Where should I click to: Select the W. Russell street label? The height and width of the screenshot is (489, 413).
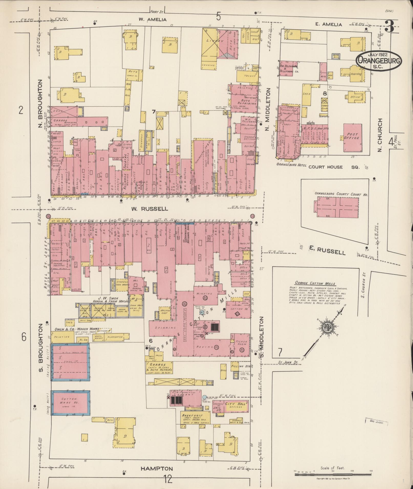pos(150,209)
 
